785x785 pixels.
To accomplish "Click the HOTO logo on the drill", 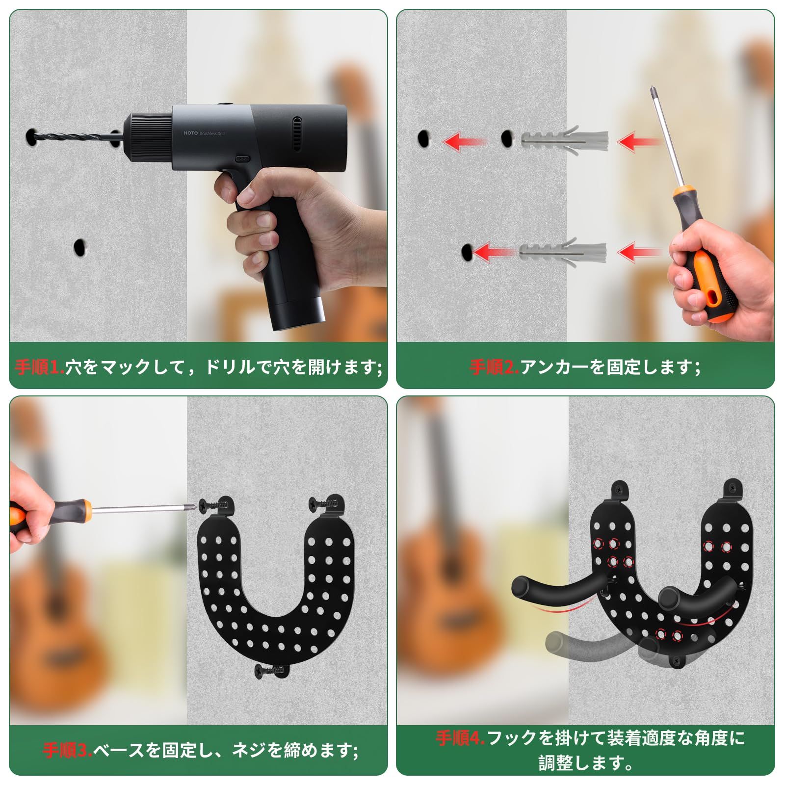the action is [191, 133].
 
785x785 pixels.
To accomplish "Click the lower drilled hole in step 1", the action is [78, 247].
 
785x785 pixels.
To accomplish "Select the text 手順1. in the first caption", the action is [40, 367].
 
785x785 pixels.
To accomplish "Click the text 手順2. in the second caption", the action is [495, 367].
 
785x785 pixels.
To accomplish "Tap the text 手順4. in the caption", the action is [460, 738].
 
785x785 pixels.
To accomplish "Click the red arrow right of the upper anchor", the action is [639, 142].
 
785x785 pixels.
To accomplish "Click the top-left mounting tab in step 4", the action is [620, 491].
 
